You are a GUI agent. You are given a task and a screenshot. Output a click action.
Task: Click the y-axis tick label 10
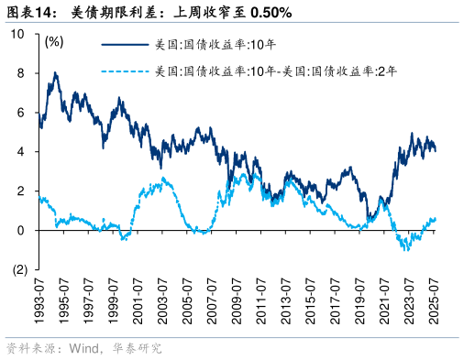pos(17,34)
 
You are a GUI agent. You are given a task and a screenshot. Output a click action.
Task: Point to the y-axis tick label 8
pos(20,73)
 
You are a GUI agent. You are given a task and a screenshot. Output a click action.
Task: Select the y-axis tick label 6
pos(20,113)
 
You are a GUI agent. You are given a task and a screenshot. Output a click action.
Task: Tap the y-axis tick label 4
pos(20,152)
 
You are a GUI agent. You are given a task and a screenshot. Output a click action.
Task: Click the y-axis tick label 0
pos(20,231)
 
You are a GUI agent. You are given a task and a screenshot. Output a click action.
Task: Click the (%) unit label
pos(54,41)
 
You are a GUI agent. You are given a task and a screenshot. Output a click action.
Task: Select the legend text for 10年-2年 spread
pos(275,71)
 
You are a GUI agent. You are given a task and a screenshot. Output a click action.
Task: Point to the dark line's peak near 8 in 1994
pos(56,73)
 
